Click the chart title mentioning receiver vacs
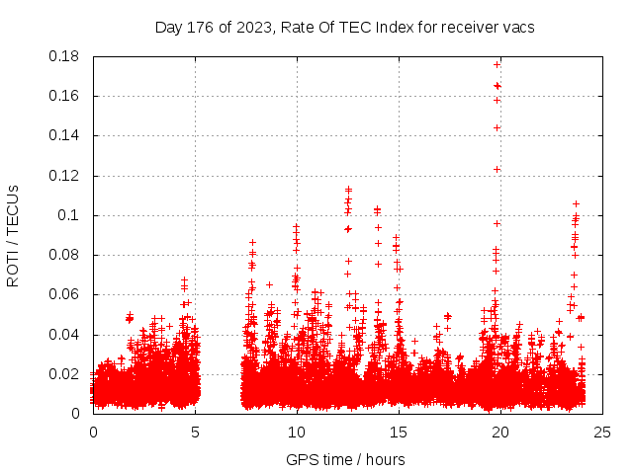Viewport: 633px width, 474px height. point(344,28)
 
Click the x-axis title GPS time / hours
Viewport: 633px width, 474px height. point(345,459)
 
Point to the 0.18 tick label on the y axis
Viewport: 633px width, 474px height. point(66,56)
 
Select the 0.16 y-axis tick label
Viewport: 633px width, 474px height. point(66,96)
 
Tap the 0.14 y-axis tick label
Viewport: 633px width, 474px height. point(66,135)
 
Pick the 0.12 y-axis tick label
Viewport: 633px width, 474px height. point(66,176)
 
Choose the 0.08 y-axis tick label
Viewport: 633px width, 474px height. point(66,255)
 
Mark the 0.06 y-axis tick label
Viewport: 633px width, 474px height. point(66,294)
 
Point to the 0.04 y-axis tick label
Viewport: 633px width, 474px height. point(66,334)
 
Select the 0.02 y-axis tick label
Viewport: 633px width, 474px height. point(66,374)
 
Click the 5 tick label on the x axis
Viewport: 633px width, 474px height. point(195,432)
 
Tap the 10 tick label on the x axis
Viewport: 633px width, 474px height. point(297,432)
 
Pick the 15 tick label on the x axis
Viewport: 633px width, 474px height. point(399,432)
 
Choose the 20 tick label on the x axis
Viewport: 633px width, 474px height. point(500,432)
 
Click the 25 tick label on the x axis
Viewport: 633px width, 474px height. point(602,432)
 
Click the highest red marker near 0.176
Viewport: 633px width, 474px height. point(497,64)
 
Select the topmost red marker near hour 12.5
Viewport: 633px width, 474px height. point(348,189)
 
